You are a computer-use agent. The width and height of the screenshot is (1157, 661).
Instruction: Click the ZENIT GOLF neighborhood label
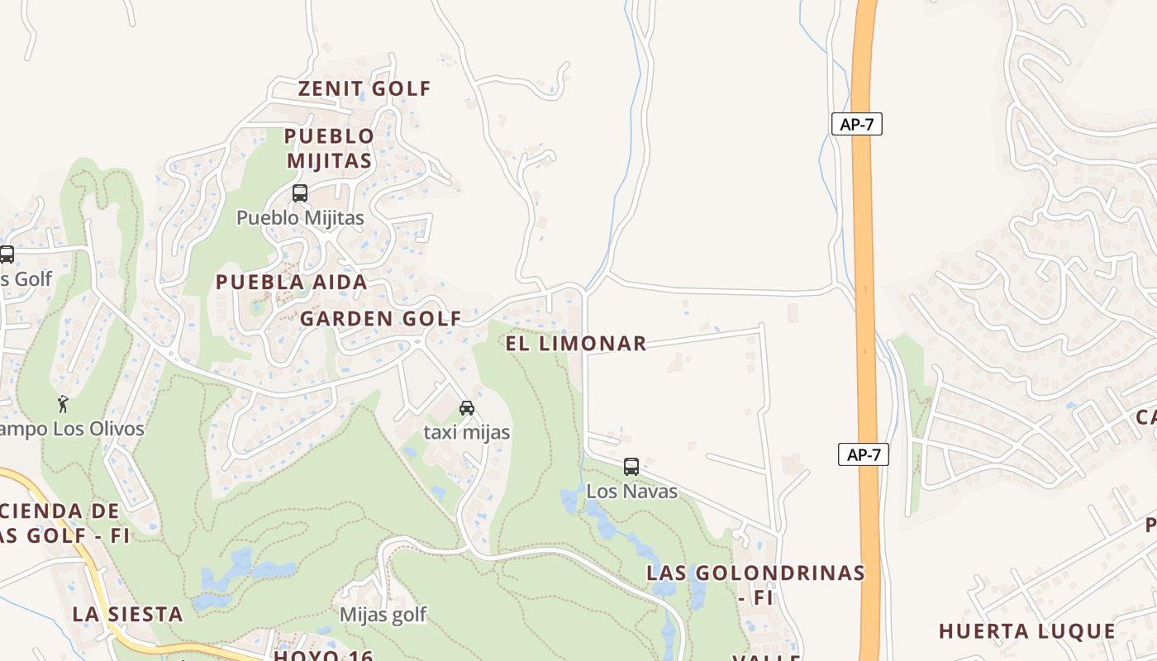coord(364,88)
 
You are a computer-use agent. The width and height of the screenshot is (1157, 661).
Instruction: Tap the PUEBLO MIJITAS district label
coord(329,148)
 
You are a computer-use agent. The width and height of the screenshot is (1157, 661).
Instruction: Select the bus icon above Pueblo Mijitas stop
coord(300,193)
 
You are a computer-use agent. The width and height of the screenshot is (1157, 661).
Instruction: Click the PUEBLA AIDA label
coord(291,282)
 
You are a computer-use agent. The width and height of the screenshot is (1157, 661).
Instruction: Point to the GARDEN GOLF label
coord(380,318)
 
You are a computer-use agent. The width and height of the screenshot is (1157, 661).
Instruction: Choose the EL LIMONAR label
coord(575,344)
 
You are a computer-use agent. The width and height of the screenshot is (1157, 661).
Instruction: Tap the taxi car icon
coord(467,408)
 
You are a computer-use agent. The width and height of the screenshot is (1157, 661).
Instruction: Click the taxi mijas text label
coord(466,432)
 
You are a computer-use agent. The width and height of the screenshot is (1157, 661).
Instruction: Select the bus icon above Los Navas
coord(631,467)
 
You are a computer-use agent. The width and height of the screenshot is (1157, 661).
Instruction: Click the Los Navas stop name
coord(631,492)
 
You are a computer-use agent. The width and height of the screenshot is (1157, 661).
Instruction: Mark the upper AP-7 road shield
coord(857,125)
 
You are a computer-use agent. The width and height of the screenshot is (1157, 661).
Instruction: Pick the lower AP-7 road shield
coord(864,454)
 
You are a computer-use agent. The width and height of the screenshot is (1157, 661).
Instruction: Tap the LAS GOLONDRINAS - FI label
coord(755,583)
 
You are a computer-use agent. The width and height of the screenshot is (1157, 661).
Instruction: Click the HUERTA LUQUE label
coord(1027,631)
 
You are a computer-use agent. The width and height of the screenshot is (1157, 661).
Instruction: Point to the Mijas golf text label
coord(383,615)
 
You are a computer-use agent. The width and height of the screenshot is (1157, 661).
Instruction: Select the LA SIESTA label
coord(127,614)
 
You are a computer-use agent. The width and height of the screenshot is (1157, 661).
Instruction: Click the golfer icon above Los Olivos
coord(63,404)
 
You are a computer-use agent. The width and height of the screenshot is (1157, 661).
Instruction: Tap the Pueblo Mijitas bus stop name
coord(300,218)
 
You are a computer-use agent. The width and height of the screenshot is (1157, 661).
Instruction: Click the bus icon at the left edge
coord(7,254)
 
